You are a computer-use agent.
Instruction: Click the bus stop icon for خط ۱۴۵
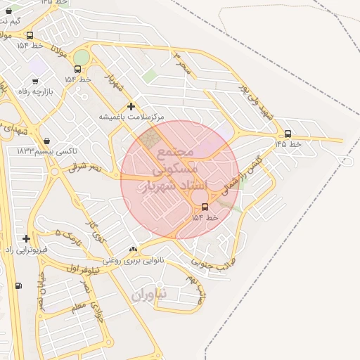click(x=288, y=134)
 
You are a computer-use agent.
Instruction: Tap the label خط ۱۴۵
click(x=288, y=143)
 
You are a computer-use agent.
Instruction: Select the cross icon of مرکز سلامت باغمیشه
click(x=131, y=106)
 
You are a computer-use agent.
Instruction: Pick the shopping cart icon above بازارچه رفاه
click(x=35, y=81)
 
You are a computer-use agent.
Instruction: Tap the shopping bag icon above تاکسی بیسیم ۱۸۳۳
click(x=46, y=141)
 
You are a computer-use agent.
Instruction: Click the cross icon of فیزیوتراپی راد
click(x=27, y=239)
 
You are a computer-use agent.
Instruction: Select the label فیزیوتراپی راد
click(x=27, y=250)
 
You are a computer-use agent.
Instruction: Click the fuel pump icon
click(x=18, y=285)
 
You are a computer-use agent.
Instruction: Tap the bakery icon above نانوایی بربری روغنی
click(x=134, y=250)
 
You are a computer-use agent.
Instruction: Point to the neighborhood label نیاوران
click(x=148, y=295)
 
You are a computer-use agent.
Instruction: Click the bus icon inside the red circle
click(x=205, y=207)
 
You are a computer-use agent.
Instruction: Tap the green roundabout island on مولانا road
click(x=82, y=57)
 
